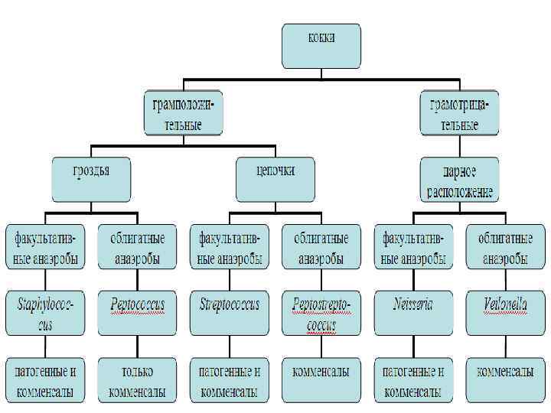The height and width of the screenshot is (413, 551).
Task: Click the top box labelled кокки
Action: pyautogui.click(x=321, y=45)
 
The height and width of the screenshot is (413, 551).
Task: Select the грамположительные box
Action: pyautogui.click(x=184, y=112)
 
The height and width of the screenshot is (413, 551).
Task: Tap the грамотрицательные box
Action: pyautogui.click(x=460, y=112)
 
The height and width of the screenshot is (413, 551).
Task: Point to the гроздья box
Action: pyautogui.click(x=91, y=179)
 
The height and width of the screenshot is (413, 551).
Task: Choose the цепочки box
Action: pyautogui.click(x=275, y=179)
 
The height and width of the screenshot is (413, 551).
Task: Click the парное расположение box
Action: pyautogui.click(x=460, y=179)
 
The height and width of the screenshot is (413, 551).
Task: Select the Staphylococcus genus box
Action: pyautogui.click(x=45, y=314)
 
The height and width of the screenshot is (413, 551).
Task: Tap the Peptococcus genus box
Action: pyautogui.click(x=137, y=314)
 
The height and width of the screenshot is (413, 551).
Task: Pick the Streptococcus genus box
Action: pyautogui.click(x=229, y=314)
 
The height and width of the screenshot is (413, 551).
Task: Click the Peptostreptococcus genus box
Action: pyautogui.click(x=321, y=314)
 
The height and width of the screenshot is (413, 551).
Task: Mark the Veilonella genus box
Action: pyautogui.click(x=506, y=314)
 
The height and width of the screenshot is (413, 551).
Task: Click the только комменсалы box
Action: pyautogui.click(x=137, y=380)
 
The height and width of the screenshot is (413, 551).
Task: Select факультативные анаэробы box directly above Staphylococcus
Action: pyautogui.click(x=45, y=246)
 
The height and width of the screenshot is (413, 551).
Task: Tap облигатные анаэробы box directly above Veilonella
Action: pyautogui.click(x=506, y=246)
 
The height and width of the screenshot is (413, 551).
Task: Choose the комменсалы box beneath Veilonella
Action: pyautogui.click(x=506, y=380)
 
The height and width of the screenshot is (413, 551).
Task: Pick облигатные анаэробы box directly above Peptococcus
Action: pyautogui.click(x=137, y=246)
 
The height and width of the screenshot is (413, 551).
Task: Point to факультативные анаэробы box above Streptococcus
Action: pyautogui.click(x=229, y=246)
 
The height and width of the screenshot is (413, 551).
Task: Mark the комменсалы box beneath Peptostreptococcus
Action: pyautogui.click(x=321, y=380)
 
